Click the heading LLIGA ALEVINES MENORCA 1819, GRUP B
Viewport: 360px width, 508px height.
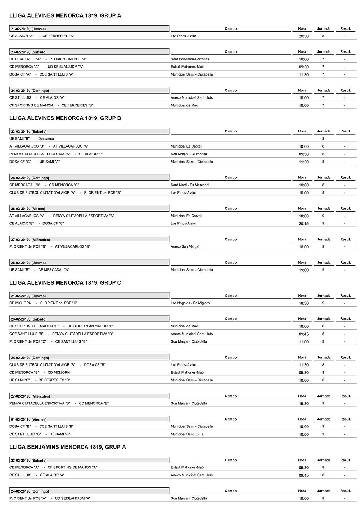tap(65, 118)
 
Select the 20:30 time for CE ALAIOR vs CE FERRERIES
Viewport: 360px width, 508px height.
tap(303, 36)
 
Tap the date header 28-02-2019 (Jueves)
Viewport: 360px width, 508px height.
tap(28, 263)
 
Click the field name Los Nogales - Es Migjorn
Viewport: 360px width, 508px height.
tap(190, 303)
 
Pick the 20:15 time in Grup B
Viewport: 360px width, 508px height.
tap(303, 224)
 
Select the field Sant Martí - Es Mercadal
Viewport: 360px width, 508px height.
tap(190, 185)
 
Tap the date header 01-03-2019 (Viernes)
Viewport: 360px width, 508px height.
tap(28, 419)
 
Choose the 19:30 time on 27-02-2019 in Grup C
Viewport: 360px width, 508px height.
tap(303, 404)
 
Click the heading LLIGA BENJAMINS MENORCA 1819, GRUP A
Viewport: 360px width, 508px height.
tap(68, 447)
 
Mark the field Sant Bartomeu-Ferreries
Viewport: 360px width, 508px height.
tap(190, 59)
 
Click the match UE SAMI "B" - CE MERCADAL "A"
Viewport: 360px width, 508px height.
tap(39, 270)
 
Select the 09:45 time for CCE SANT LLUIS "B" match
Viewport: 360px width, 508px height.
tap(303, 334)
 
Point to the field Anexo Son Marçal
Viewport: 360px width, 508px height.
tap(185, 247)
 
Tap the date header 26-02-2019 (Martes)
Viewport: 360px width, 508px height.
tap(28, 209)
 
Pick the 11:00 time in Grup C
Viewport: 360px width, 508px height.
tap(303, 342)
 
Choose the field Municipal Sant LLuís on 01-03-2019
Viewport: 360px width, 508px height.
tap(186, 434)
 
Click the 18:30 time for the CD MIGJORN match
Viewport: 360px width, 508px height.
tap(303, 303)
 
